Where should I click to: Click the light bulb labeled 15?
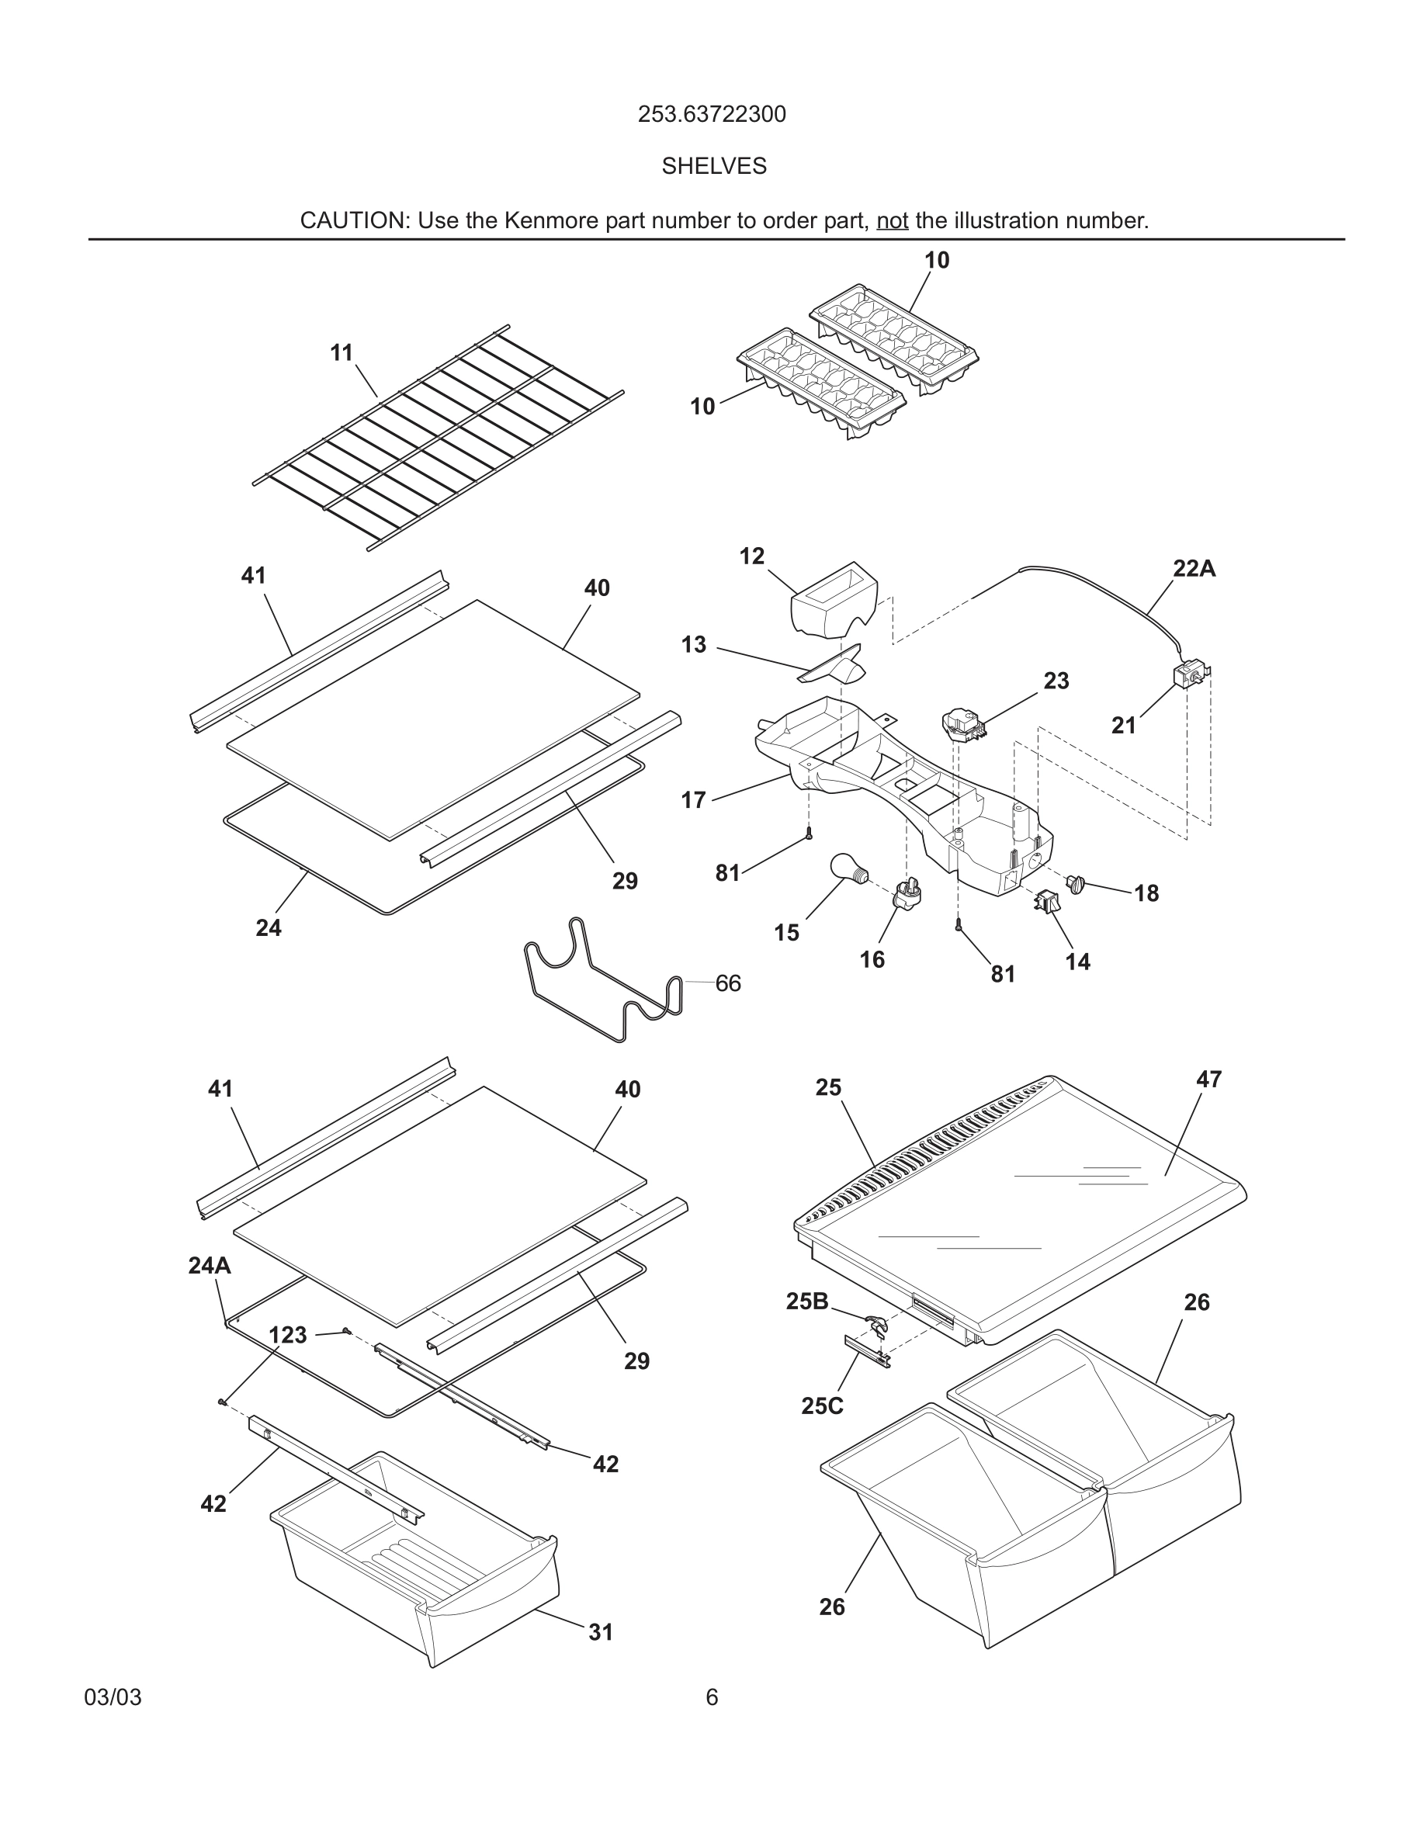tap(847, 868)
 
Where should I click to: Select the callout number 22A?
tap(1194, 569)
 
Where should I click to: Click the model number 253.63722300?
tap(712, 114)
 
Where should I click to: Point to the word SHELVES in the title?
tap(713, 166)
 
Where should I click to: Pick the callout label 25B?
tap(807, 1301)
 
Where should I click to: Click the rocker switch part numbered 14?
tap(1044, 902)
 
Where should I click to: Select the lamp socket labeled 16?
tap(907, 892)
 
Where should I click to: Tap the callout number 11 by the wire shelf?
tap(341, 353)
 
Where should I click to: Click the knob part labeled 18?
tap(1076, 884)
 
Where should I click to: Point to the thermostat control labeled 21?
tap(1190, 675)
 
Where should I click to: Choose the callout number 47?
tap(1208, 1079)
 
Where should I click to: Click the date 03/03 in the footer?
tap(113, 1697)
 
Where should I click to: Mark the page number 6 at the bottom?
tap(712, 1697)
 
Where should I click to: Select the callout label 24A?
tap(210, 1265)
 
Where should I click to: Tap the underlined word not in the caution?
tap(892, 221)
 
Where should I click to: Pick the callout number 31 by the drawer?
tap(600, 1632)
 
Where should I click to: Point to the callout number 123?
tap(288, 1335)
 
